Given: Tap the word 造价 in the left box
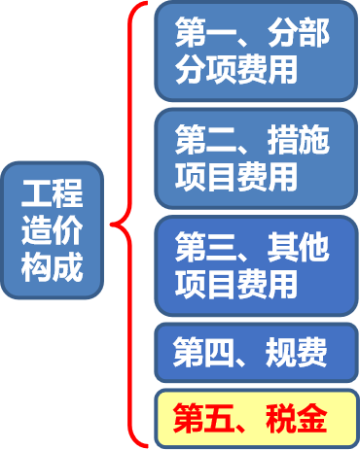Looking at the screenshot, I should coord(53,230).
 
